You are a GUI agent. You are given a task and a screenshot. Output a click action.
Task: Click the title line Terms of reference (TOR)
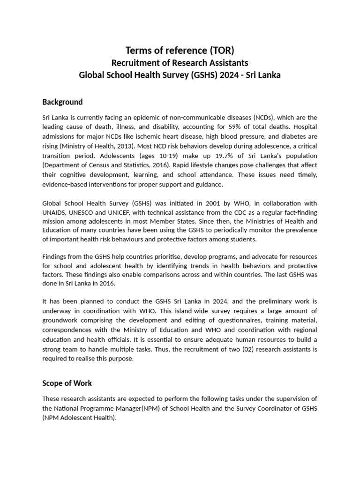(x=180, y=51)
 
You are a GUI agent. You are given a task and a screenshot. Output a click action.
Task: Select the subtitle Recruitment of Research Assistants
(x=180, y=63)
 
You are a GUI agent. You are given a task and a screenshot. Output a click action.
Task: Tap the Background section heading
(x=62, y=102)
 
